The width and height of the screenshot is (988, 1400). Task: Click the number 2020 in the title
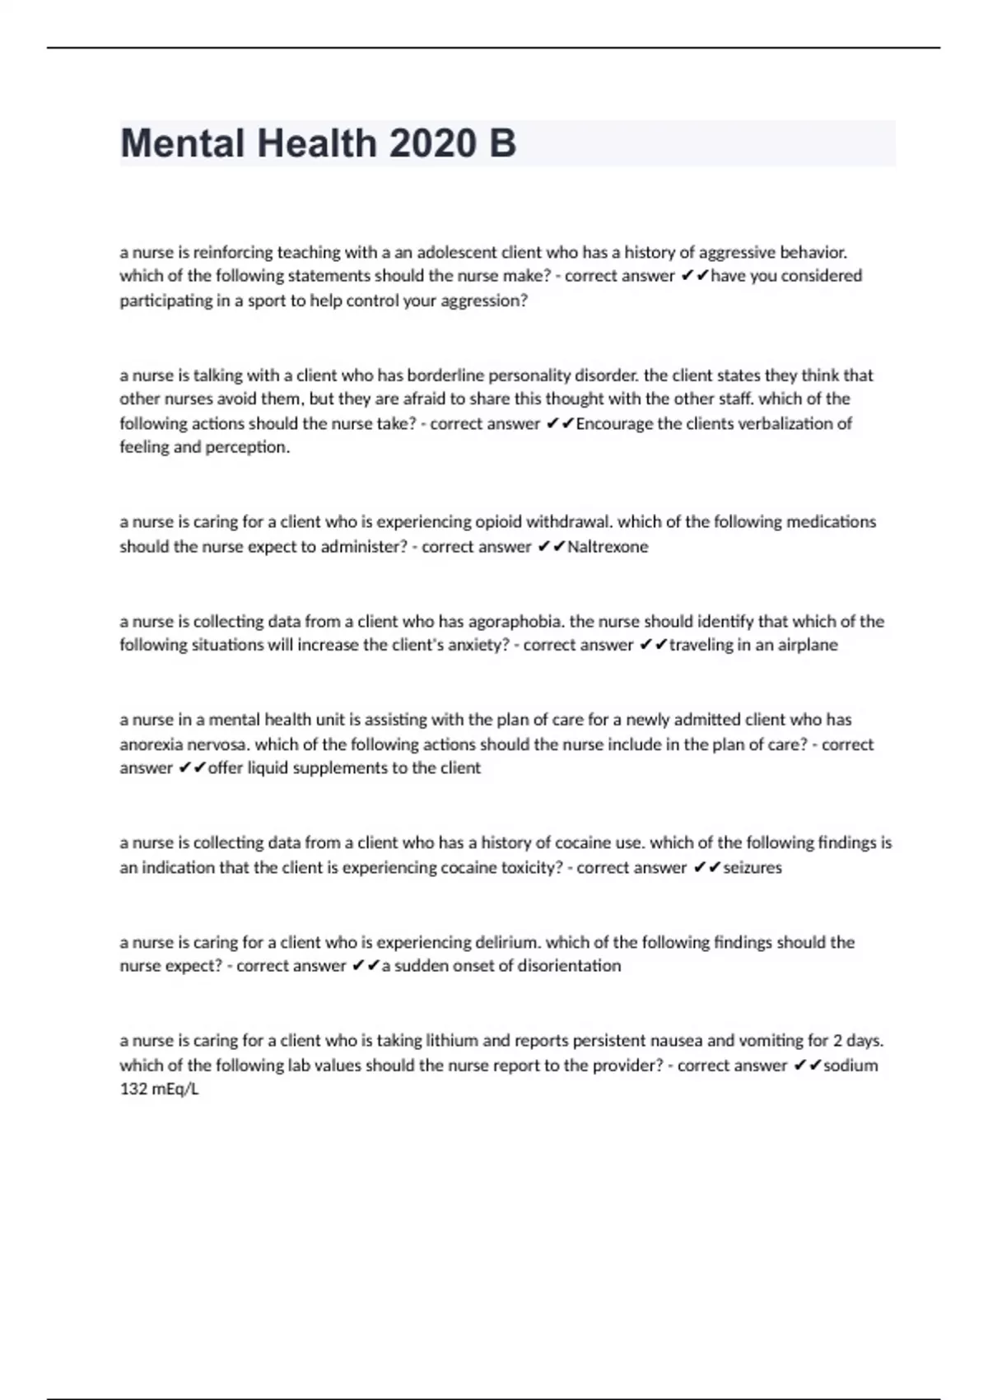(431, 143)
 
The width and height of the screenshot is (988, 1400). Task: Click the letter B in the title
(502, 143)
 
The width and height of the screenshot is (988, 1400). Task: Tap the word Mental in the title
(183, 143)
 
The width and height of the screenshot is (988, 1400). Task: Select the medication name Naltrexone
(608, 547)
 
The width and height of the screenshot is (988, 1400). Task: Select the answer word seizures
(753, 867)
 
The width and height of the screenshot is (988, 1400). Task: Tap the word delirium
(506, 942)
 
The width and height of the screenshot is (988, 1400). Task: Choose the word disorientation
(564, 966)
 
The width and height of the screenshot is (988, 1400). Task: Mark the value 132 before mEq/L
(133, 1090)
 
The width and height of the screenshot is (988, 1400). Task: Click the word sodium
(851, 1066)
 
